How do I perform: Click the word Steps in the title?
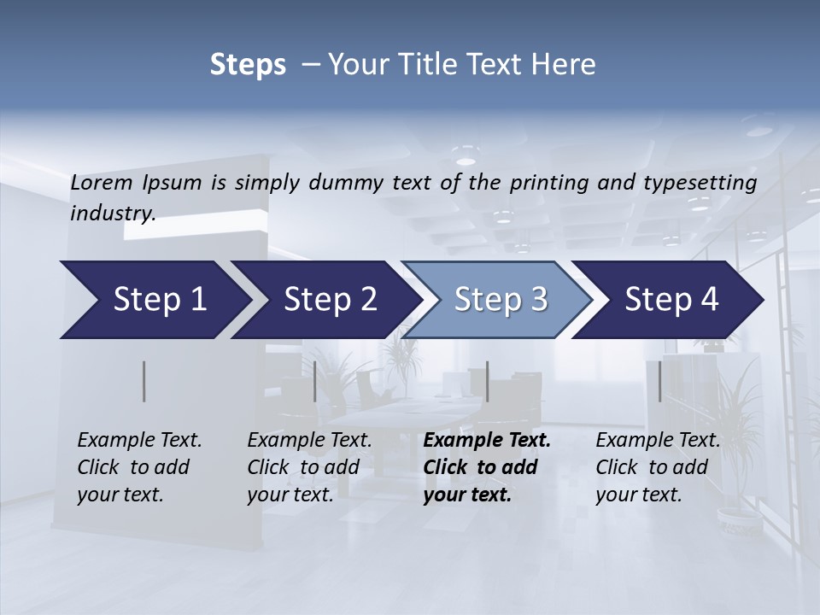coord(248,65)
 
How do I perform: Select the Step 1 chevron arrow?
coord(154,300)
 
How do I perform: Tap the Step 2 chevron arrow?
coord(330,300)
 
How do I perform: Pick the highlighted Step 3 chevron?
coord(501,300)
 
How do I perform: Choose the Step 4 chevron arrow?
coord(671,300)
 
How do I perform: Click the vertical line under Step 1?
coord(144,381)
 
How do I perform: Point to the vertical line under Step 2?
coord(315,381)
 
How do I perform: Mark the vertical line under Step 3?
coord(487,381)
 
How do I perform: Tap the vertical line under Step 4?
coord(659,381)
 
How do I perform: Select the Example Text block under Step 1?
coord(139,467)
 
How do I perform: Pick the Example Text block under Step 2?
coord(309,467)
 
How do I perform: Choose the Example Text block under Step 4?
coord(658,467)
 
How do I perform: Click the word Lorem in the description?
coord(102,182)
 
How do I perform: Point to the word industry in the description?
coord(113,214)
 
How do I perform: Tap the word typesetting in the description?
coord(707,183)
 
